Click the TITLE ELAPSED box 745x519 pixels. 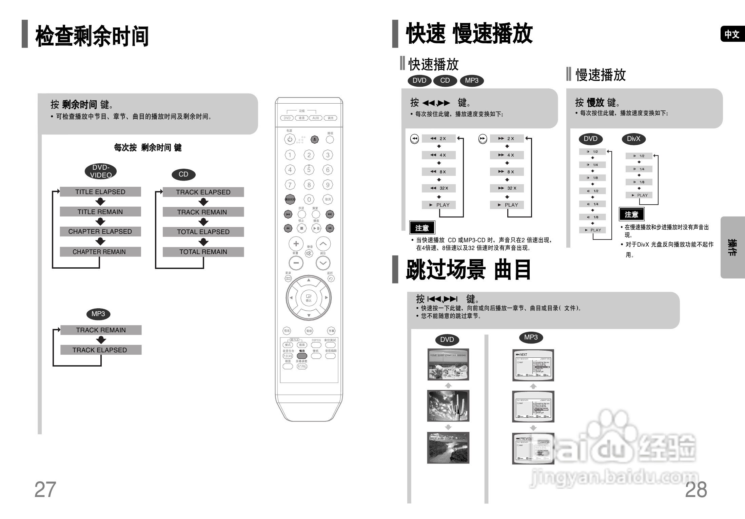(100, 192)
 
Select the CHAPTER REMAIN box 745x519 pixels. (100, 252)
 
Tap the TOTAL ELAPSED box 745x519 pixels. (203, 232)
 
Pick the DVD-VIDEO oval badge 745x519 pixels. (101, 171)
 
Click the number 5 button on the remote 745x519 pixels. (309, 170)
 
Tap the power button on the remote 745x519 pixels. (290, 139)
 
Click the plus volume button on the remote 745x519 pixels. (296, 244)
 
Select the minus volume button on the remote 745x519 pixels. (296, 263)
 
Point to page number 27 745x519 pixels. (45, 490)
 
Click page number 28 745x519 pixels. (696, 490)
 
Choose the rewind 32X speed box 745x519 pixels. (439, 188)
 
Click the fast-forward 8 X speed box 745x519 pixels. (507, 172)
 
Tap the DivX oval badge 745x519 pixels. (633, 139)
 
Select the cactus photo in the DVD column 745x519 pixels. (448, 406)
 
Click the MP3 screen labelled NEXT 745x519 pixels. (533, 365)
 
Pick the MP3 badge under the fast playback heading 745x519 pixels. (472, 81)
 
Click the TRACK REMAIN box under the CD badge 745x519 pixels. (203, 212)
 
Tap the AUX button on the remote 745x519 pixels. (316, 118)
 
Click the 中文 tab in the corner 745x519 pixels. (732, 34)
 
